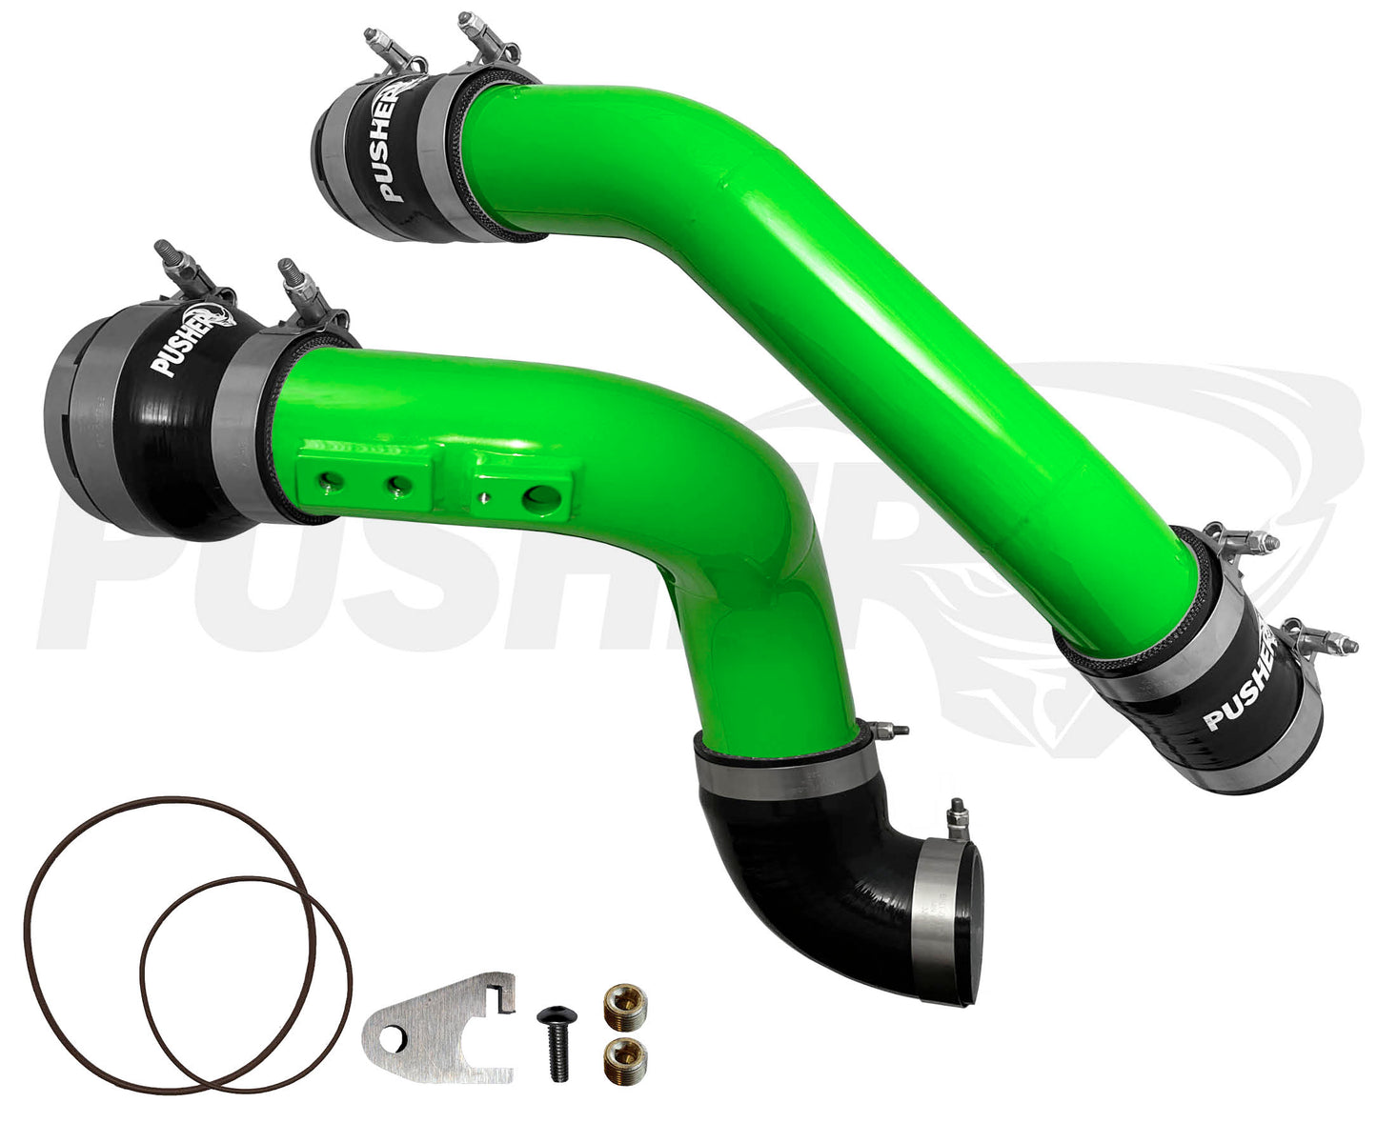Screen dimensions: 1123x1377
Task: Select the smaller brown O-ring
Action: tap(246, 983)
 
